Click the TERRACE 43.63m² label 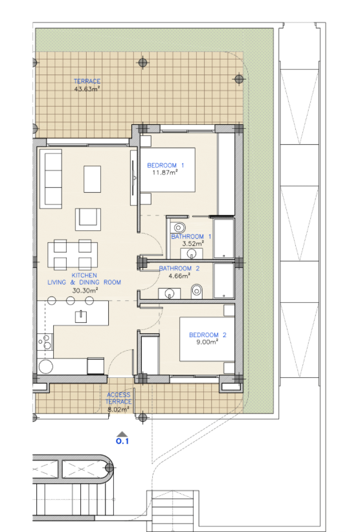[87, 85]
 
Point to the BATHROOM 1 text [191, 236]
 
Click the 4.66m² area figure [179, 276]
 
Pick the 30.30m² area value [85, 291]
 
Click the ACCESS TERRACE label [118, 398]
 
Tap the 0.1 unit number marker [122, 441]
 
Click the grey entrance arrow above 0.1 [122, 434]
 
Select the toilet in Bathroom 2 [196, 291]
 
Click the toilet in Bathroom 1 [178, 227]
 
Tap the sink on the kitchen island [81, 316]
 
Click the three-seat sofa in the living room [51, 179]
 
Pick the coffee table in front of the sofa [93, 179]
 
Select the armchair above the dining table [88, 219]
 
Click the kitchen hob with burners [45, 342]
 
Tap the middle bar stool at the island [70, 300]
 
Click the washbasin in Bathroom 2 [169, 293]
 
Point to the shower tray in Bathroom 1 [223, 239]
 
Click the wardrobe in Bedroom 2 [150, 354]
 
